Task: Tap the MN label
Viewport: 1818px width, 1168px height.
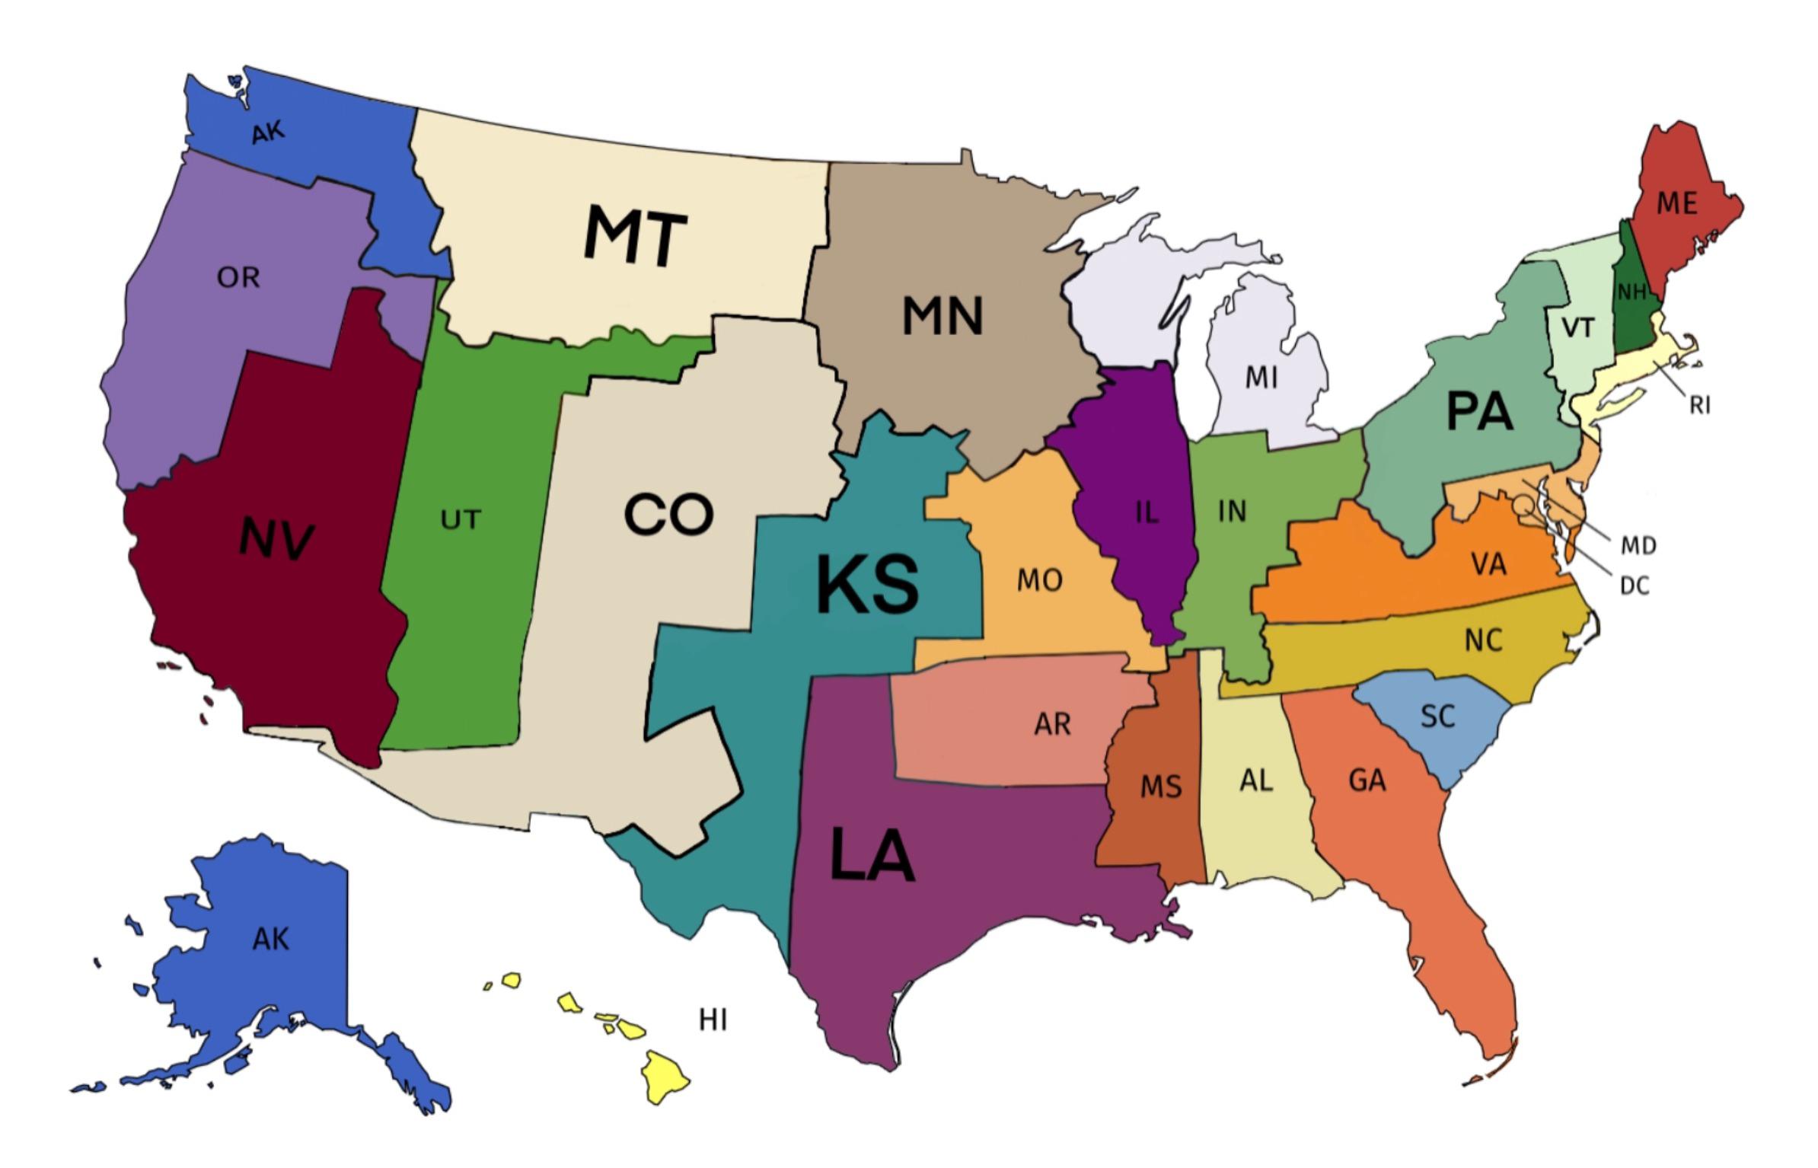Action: [942, 316]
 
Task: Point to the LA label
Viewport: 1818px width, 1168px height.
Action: [871, 856]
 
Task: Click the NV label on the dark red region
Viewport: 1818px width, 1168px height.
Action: [276, 538]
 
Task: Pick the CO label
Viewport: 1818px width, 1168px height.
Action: [668, 515]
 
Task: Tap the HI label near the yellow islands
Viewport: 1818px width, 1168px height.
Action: [713, 1020]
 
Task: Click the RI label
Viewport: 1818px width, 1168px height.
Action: [1699, 406]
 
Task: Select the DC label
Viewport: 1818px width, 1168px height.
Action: [1634, 586]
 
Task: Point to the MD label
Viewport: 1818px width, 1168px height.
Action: [1638, 545]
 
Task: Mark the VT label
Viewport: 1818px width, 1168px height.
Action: [1577, 328]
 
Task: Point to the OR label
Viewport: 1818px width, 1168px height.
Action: [238, 278]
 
